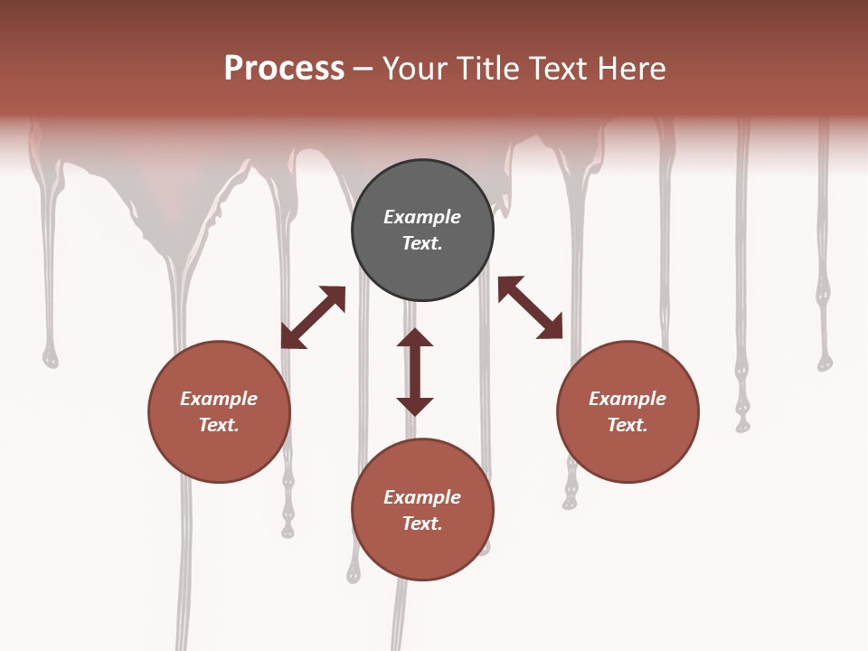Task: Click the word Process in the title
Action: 284,69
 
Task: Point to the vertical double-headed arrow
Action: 415,372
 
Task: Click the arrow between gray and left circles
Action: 313,317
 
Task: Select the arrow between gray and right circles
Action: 531,307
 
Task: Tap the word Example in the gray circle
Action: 422,217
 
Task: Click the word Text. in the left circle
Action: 219,425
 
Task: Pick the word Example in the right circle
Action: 627,399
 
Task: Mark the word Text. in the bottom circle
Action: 422,524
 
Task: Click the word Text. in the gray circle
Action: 422,243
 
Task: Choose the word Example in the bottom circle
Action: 422,497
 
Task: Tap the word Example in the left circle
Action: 219,399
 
